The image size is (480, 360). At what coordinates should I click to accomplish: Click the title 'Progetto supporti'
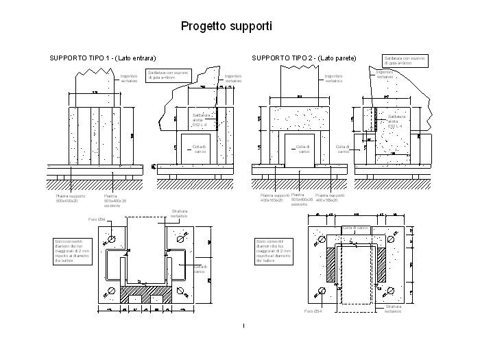coord(226,26)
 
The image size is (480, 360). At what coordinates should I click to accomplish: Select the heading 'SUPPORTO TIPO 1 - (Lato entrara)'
coord(103,58)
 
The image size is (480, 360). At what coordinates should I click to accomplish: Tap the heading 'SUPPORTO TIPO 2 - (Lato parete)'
coord(304,58)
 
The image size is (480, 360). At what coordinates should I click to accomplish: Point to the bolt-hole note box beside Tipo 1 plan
coord(71,251)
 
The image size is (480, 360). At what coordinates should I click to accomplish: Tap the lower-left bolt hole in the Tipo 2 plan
coord(322,291)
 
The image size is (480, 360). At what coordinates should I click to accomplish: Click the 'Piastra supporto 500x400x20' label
coord(71,197)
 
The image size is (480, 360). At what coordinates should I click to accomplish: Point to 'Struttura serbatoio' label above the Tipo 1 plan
coord(180,213)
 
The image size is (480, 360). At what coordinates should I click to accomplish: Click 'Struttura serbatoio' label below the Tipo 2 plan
coord(394,309)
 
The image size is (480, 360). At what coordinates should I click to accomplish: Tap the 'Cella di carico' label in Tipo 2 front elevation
coord(302,149)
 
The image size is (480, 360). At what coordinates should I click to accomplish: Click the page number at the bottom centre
coord(243,325)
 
